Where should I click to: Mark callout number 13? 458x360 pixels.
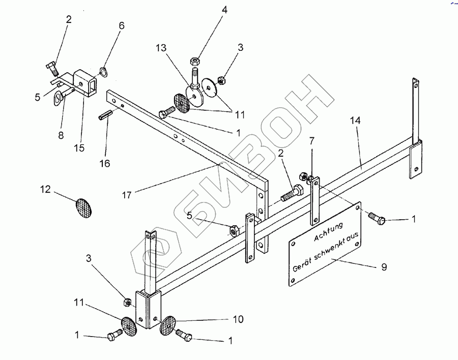click(162, 48)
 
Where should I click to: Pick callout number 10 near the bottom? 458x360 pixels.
click(238, 319)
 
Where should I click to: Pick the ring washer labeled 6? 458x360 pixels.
click(102, 71)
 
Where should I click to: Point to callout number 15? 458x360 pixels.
click(79, 148)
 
